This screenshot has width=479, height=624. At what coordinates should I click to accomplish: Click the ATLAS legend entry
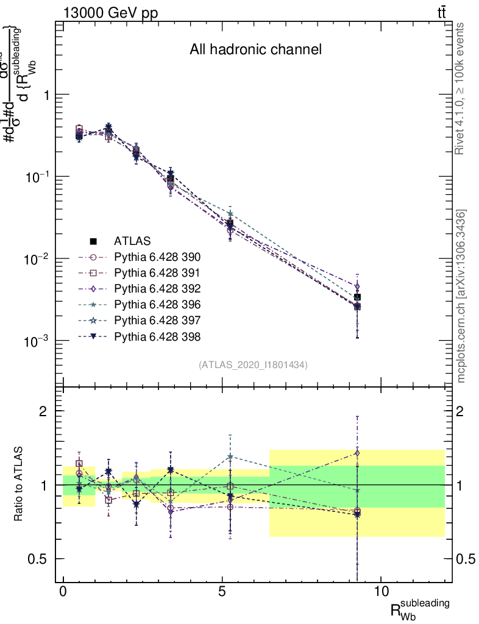point(132,241)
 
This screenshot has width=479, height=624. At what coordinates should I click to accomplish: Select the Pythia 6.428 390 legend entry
point(157,257)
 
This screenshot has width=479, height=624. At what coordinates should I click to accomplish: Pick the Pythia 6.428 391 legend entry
point(157,272)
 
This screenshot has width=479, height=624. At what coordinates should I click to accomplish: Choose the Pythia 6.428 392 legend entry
point(157,288)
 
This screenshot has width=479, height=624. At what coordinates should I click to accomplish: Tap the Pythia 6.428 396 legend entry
point(157,304)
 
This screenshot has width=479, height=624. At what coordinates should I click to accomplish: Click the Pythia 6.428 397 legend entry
point(157,320)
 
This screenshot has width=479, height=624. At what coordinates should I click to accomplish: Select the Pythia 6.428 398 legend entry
point(157,336)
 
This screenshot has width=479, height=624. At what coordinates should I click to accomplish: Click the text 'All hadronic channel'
point(255,50)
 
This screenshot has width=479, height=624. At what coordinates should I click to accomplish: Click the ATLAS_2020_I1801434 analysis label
point(253,365)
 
